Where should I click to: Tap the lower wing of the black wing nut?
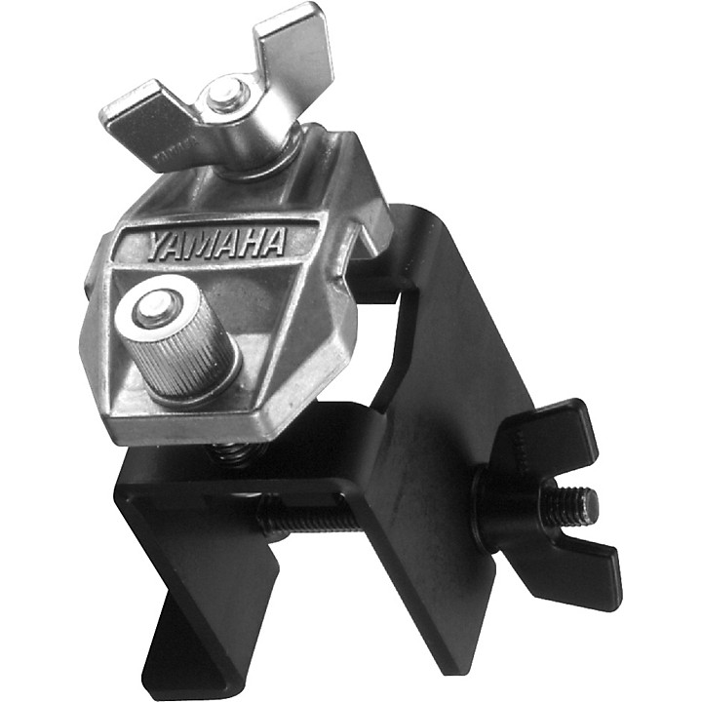575,570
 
